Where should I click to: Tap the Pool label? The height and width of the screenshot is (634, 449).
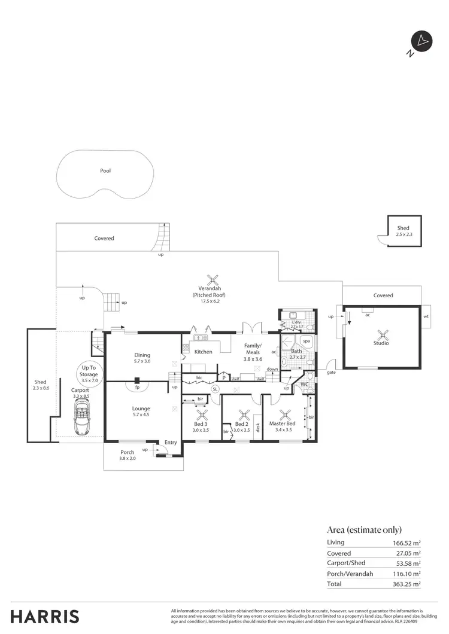coord(105,170)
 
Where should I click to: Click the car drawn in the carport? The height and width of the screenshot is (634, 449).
coord(81,418)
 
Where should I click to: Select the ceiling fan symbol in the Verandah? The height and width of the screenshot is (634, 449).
coord(213,279)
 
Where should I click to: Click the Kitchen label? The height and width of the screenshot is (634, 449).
coord(204,352)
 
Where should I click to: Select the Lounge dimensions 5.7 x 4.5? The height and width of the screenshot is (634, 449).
coord(141,416)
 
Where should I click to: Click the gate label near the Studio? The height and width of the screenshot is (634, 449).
coord(330,372)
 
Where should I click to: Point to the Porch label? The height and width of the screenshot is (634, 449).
coord(128,452)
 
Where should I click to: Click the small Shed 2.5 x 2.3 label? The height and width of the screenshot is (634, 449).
coord(404,231)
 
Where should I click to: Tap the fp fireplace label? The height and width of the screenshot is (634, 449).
coord(137,387)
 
